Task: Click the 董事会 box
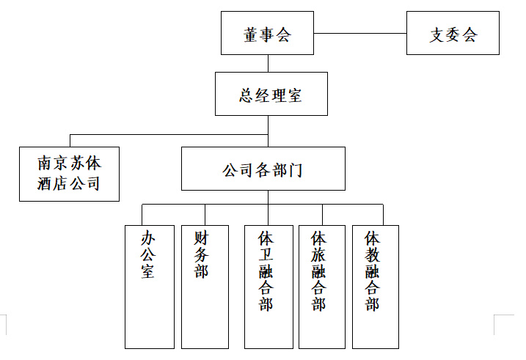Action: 267,34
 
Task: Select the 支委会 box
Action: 453,34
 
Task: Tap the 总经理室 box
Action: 271,95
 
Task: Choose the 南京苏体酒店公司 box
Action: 69,174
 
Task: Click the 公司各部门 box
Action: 263,169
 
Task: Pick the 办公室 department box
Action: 149,287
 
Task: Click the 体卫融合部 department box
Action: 268,287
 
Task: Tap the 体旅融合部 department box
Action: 321,287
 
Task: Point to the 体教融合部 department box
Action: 375,287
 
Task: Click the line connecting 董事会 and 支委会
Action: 359,34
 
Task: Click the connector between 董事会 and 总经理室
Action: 268,63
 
